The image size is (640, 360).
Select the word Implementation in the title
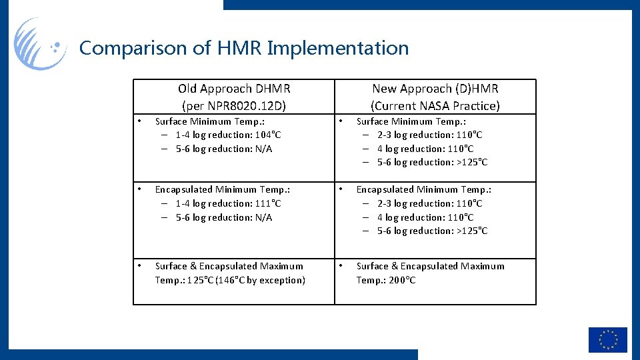(x=337, y=49)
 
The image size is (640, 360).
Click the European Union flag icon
(x=607, y=340)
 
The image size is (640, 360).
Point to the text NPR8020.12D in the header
(x=249, y=105)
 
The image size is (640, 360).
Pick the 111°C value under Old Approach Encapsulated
(x=268, y=203)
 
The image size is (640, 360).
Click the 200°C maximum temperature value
(x=402, y=280)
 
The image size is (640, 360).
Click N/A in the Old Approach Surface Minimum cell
(x=263, y=149)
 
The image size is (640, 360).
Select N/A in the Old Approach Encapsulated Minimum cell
(x=263, y=217)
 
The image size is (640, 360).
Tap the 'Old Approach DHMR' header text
(x=234, y=88)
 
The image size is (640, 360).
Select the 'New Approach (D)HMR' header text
(x=435, y=88)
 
